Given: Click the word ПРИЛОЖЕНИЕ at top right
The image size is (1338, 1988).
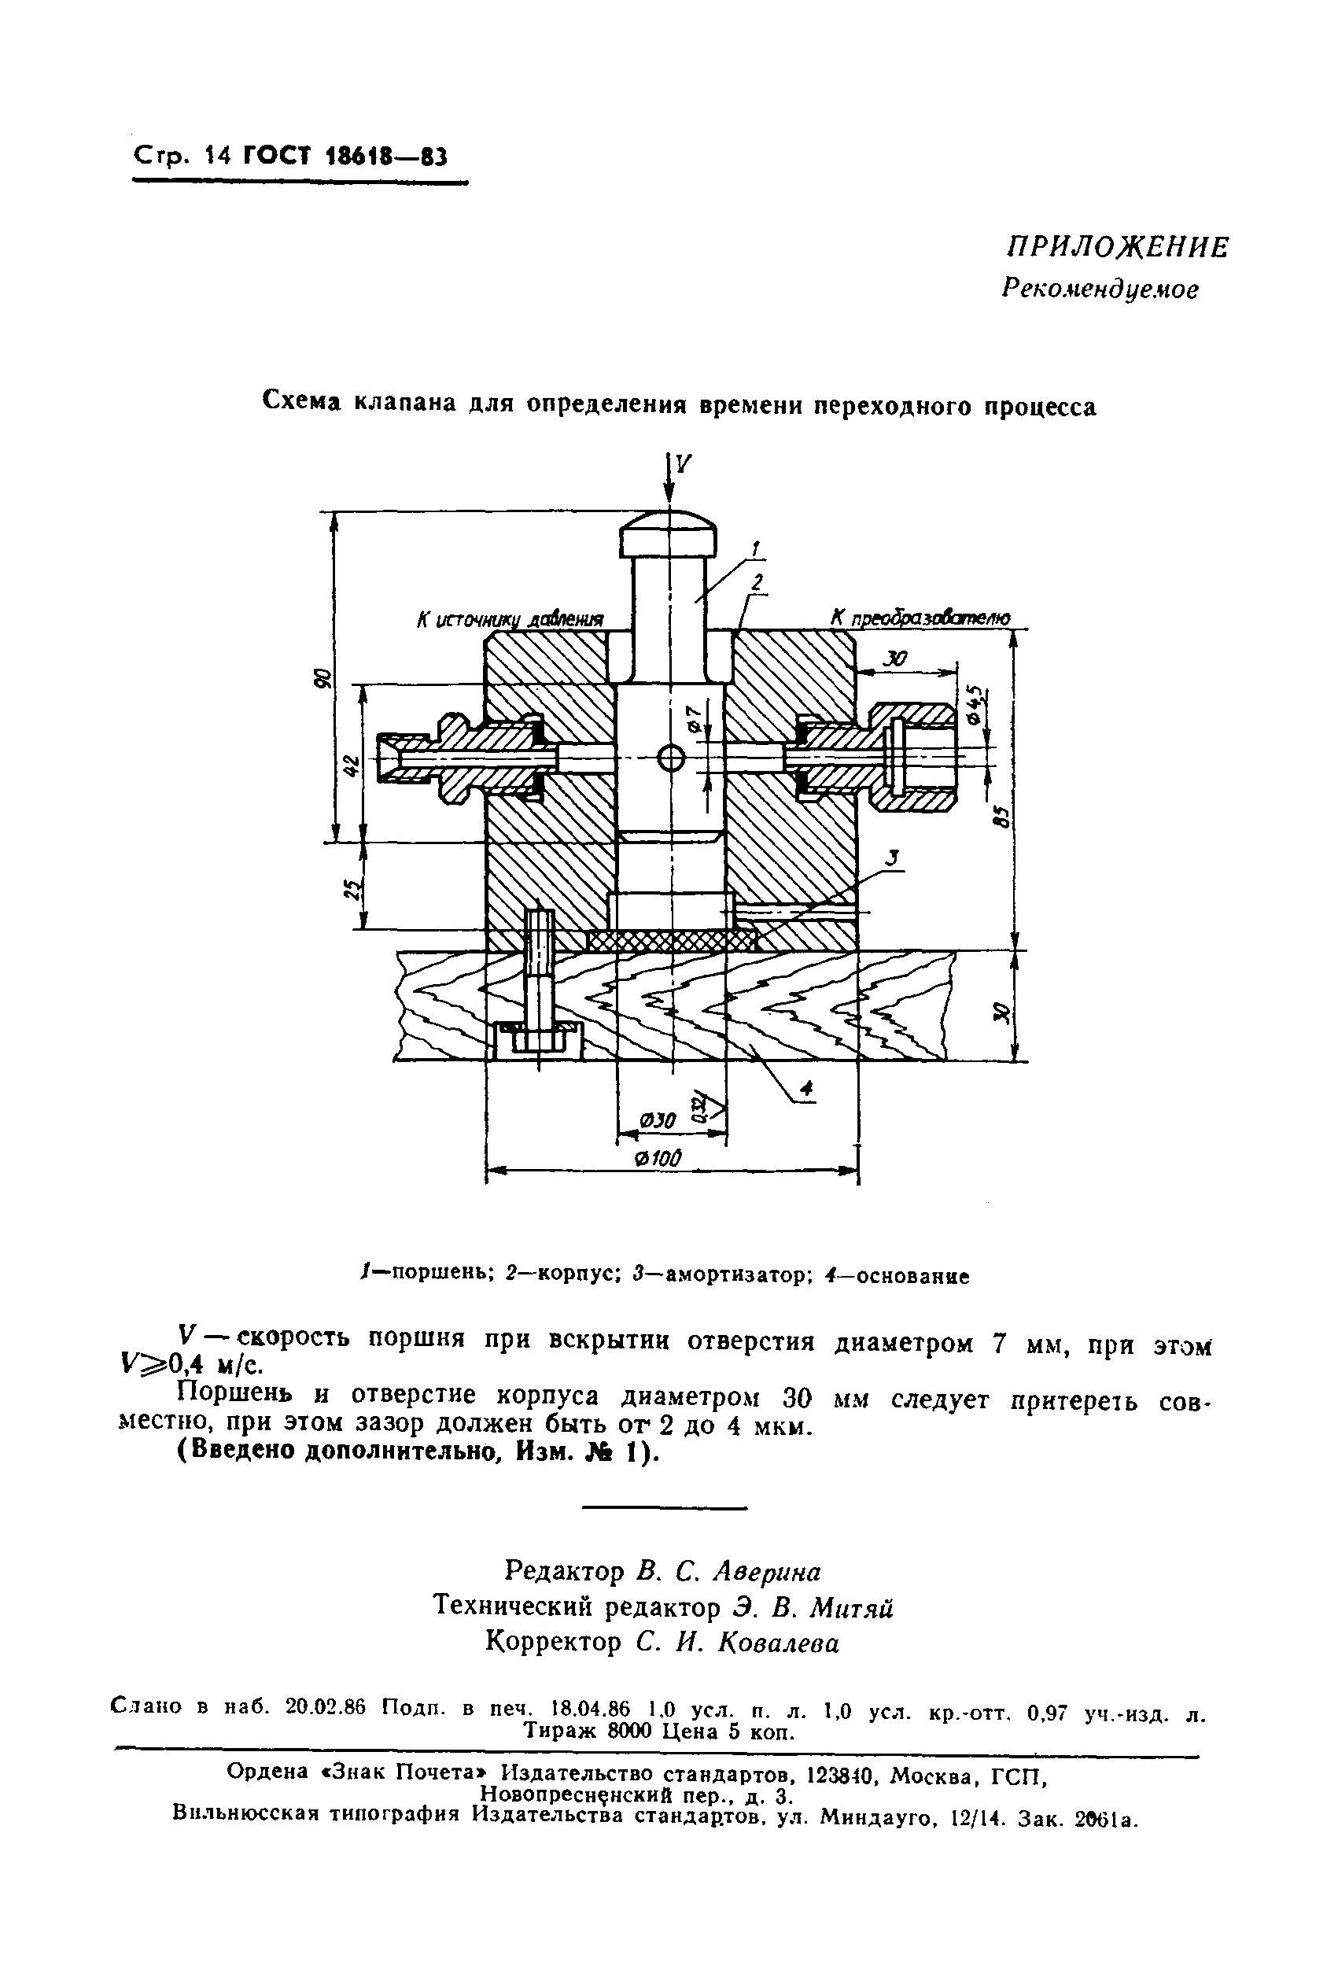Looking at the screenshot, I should click(1117, 249).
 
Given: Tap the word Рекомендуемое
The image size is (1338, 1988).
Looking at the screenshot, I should click(1100, 290).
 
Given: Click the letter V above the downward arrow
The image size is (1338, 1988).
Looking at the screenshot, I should click(683, 463).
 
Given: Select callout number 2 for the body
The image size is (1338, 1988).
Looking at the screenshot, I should click(756, 584).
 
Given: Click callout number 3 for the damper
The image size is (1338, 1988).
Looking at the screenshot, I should click(893, 859).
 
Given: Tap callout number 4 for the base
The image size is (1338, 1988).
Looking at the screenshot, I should click(806, 1089).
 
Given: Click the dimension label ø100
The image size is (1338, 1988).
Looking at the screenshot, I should click(660, 1158).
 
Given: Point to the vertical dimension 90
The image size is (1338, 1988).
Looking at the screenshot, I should click(322, 678).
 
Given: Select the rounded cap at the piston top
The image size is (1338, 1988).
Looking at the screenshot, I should click(668, 534).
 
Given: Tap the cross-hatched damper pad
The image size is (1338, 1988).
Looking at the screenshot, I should click(672, 941).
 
